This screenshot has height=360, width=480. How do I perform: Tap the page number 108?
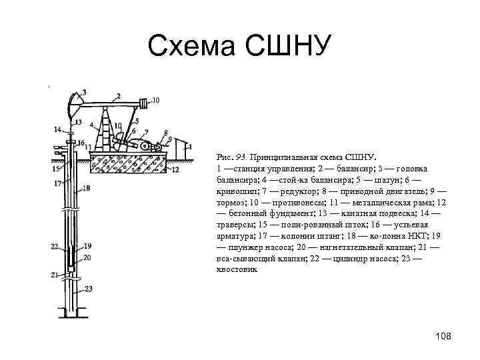coord(443,336)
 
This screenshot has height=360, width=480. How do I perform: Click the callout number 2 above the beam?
coord(118,95)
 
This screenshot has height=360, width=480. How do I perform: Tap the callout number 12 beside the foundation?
coord(175,170)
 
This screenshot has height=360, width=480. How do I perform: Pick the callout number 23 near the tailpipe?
coord(89,289)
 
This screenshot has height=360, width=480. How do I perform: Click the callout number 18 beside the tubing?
coord(87,189)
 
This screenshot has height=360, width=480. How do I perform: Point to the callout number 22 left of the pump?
coord(55,246)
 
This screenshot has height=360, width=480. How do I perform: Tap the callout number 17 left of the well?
coord(57,183)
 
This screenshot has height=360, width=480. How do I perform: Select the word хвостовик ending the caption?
coord(237,271)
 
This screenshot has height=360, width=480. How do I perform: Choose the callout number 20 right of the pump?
coord(87,257)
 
